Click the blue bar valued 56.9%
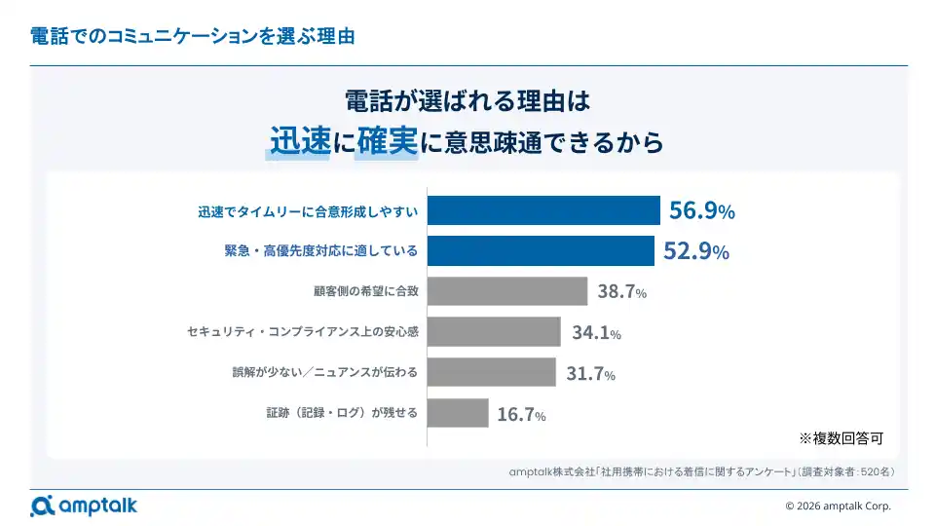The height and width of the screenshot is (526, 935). click(544, 210)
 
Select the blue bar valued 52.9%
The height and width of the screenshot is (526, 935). click(541, 251)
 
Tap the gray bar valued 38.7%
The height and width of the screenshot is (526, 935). click(507, 291)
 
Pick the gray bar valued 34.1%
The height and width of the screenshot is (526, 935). click(494, 332)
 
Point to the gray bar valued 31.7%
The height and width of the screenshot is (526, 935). click(491, 372)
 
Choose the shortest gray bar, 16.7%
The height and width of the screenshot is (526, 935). click(458, 413)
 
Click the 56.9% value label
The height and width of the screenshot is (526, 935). click(701, 210)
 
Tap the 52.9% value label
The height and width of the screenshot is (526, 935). click(695, 251)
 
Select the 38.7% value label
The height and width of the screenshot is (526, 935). click(621, 291)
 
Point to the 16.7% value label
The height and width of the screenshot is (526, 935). click(521, 415)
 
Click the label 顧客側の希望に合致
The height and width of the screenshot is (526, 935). click(365, 291)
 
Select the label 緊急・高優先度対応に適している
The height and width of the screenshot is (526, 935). click(320, 251)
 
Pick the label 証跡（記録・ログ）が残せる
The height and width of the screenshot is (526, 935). click(342, 413)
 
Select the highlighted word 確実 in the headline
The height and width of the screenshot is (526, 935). click(387, 142)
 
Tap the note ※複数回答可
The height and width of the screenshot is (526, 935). click(841, 438)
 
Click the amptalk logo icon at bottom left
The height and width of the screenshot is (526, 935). click(42, 506)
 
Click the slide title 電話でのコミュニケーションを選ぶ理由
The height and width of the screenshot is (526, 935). click(192, 37)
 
